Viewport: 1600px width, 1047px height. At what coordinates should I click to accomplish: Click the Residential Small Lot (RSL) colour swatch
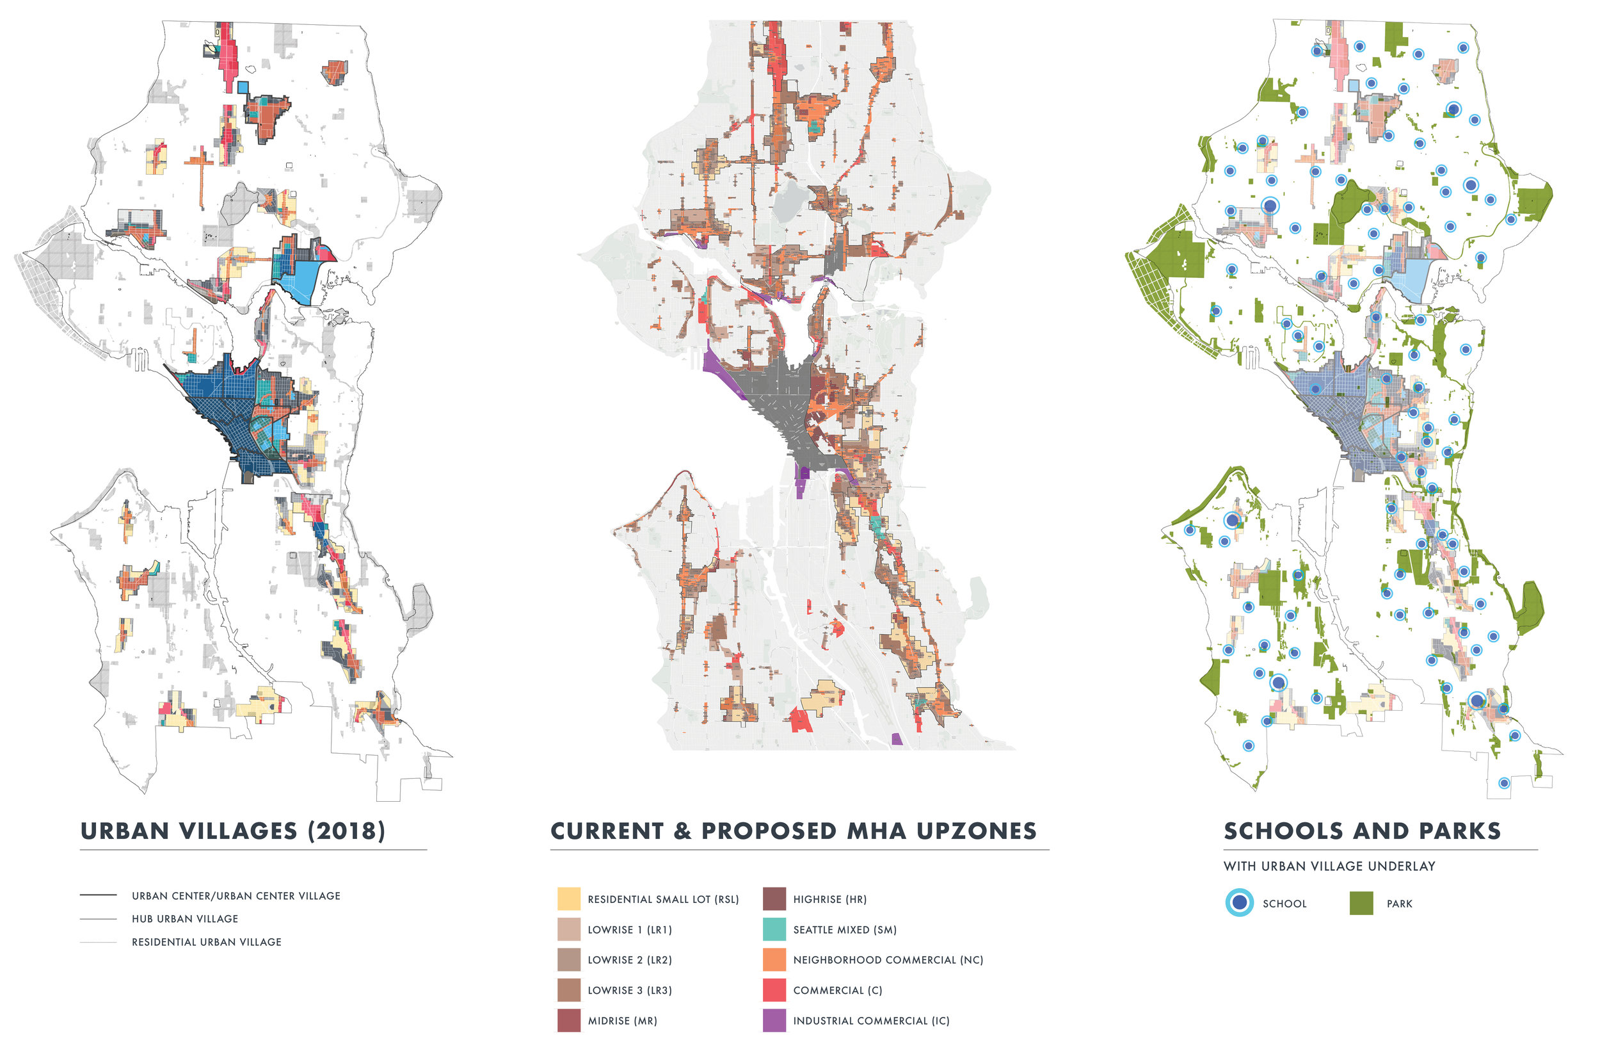point(568,898)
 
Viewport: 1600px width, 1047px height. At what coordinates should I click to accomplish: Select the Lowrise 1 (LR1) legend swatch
point(568,929)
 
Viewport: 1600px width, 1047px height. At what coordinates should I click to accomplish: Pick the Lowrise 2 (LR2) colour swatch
point(568,959)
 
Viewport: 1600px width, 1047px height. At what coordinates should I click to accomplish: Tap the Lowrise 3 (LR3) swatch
point(568,989)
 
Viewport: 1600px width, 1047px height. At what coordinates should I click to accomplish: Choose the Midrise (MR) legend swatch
point(568,1020)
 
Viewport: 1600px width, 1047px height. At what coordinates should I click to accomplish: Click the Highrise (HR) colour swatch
point(774,898)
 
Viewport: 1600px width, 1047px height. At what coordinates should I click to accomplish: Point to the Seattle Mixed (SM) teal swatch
point(774,929)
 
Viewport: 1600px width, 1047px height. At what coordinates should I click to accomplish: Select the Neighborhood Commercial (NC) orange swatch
point(774,959)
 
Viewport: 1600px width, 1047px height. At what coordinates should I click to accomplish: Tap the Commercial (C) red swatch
point(774,989)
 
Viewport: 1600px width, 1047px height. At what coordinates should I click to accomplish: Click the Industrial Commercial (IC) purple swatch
point(774,1020)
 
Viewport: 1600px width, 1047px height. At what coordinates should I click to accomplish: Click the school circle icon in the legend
point(1239,902)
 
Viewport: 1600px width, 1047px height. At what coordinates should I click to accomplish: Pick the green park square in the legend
point(1361,902)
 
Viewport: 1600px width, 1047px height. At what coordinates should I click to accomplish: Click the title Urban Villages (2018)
point(232,831)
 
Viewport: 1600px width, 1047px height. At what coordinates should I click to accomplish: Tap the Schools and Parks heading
point(1362,831)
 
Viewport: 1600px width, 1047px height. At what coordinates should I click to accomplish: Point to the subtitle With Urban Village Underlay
point(1329,866)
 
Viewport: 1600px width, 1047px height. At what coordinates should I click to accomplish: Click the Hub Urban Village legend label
point(185,918)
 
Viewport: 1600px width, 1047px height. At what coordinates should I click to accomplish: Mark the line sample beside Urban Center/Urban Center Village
point(98,895)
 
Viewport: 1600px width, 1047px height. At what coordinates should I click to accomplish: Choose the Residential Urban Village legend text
point(206,941)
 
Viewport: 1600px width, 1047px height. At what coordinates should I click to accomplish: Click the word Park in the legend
point(1399,903)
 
